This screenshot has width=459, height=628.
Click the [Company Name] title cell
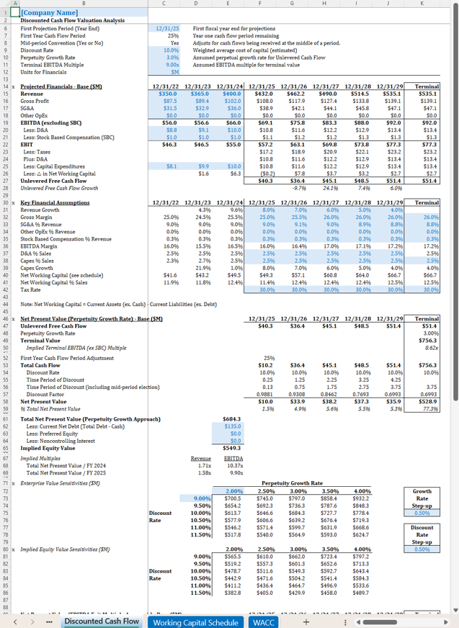50,12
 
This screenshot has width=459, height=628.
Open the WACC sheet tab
263,622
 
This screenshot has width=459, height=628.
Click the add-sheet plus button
306,622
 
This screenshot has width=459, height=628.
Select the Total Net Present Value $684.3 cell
231,418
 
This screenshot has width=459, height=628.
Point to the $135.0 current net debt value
231,426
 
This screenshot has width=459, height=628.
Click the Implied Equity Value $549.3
231,448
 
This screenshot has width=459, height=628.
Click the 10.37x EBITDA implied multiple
233,466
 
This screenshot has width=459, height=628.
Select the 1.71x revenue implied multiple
201,466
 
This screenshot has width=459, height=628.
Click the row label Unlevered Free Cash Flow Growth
59,188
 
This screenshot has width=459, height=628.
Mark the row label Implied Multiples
40,458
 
